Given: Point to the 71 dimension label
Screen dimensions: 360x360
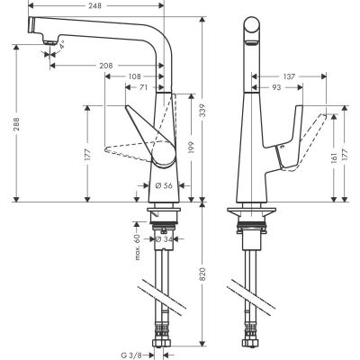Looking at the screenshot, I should pos(143,88).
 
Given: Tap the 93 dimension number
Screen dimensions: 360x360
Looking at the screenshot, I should pos(277,87).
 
